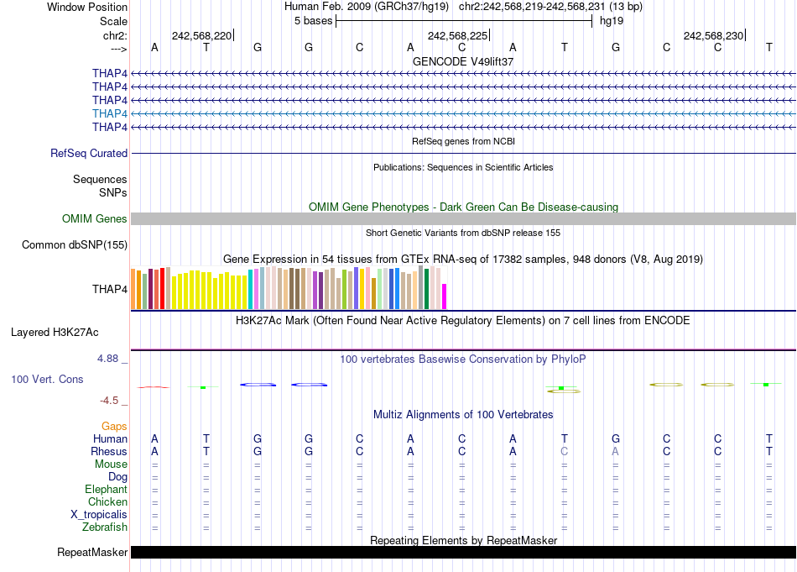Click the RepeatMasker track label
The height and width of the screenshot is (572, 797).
92,553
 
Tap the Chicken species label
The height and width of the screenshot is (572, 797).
107,502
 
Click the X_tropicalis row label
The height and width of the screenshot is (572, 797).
99,515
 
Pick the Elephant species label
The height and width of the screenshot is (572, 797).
106,490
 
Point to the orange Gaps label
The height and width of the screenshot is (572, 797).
114,427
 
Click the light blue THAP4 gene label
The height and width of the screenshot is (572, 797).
110,113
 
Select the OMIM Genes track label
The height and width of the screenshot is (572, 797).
95,219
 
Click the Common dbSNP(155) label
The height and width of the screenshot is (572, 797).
75,245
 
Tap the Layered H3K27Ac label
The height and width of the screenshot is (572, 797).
55,333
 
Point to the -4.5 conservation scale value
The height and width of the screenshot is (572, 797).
112,401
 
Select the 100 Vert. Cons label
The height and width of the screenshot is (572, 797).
47,380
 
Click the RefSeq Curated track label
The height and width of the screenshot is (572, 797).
89,154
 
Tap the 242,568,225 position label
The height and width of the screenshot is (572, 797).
457,35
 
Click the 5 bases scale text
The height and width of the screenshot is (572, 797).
313,21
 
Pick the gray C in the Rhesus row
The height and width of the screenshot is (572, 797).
565,451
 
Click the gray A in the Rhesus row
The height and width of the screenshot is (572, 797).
616,451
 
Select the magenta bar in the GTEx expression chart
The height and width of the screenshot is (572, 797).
445,296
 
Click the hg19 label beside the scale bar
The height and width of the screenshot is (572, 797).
611,21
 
